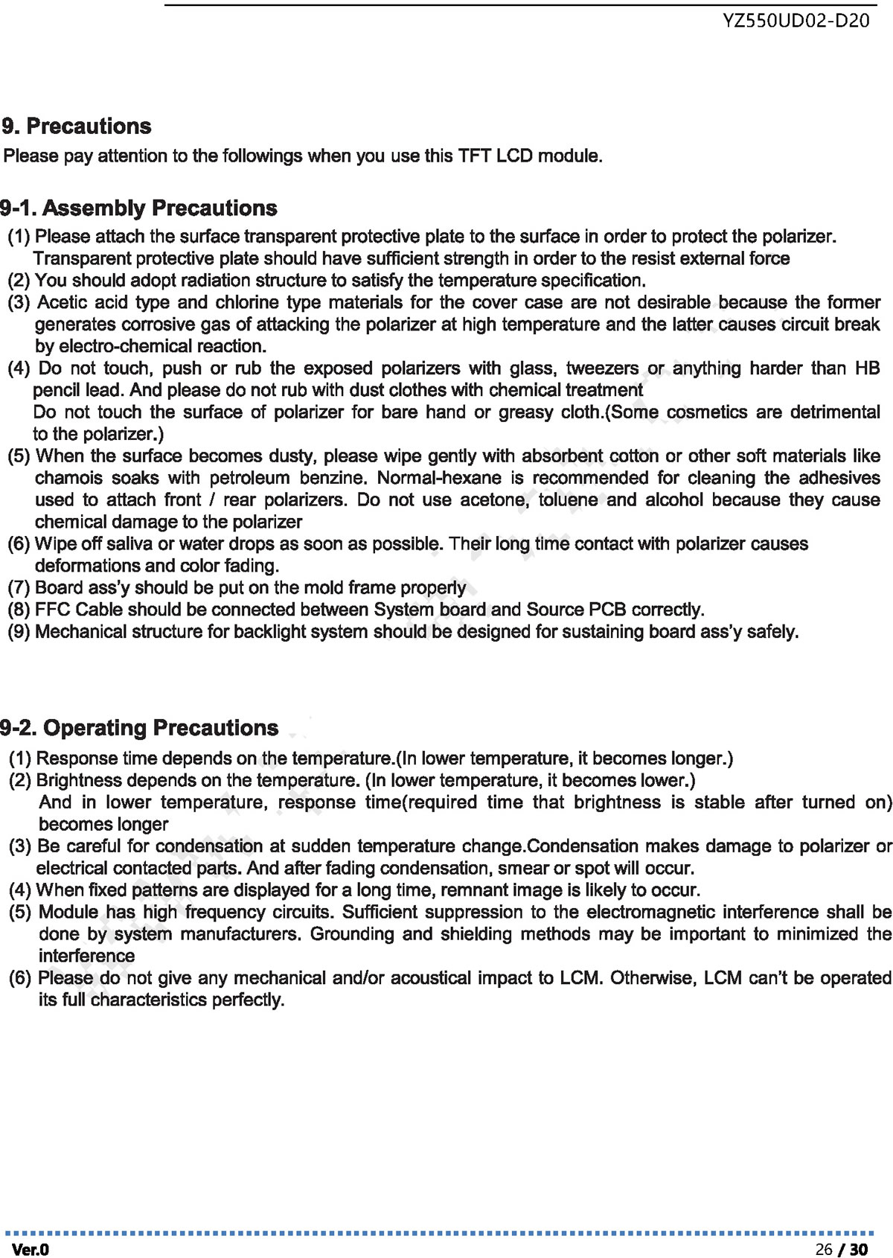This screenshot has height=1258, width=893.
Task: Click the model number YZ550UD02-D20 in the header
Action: (x=796, y=22)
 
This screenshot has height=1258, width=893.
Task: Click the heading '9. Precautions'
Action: (x=77, y=127)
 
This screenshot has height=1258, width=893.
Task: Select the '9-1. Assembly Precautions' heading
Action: (x=138, y=208)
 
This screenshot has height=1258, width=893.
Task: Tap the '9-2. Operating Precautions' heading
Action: (x=139, y=728)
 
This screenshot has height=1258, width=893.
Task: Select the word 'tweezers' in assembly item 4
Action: (x=602, y=368)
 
